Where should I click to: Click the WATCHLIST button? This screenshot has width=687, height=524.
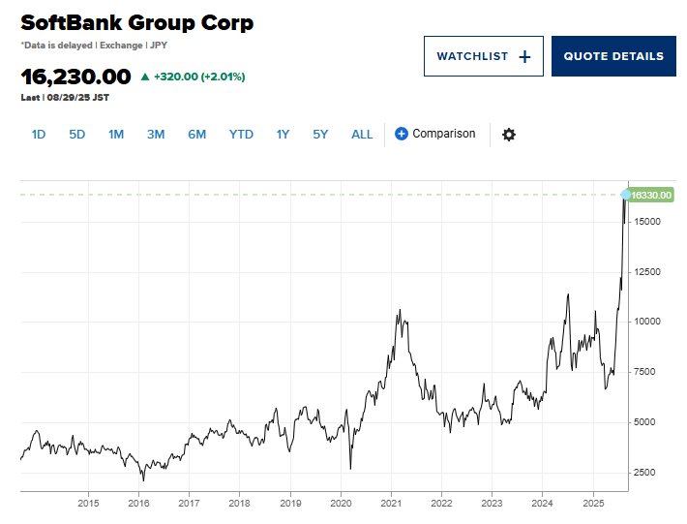point(483,56)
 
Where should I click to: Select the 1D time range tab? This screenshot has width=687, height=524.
point(39,135)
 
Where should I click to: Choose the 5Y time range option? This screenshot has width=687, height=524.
point(320,135)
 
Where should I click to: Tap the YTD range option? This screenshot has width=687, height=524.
point(241,135)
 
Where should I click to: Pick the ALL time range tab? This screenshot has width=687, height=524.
point(362,135)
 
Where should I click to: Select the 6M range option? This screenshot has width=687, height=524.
point(196,135)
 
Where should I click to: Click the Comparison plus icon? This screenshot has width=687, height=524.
point(402,134)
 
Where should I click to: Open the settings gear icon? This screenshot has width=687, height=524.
point(509,135)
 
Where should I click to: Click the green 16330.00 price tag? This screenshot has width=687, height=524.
point(651,196)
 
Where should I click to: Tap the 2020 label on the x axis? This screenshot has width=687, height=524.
point(341,504)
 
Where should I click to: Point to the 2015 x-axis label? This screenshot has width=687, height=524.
point(88,504)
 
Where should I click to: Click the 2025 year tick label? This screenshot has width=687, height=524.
point(593,504)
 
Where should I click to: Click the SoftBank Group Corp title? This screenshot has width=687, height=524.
point(136,22)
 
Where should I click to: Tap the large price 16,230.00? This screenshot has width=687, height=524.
point(75,76)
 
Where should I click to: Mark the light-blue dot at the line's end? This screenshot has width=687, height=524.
point(626,195)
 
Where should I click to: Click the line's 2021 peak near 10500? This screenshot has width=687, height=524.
point(400,310)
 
